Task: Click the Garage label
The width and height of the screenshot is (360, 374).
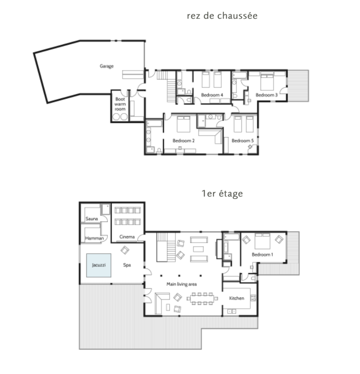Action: tap(107, 66)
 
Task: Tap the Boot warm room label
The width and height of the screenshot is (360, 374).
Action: tap(120, 104)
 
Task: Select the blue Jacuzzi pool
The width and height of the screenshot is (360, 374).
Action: tap(99, 265)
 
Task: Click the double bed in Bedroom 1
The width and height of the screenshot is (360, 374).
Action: tap(262, 241)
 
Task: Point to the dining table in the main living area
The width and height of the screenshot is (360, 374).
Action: tap(202, 298)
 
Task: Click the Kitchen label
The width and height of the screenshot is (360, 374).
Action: tap(237, 298)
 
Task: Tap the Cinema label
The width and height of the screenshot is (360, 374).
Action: tap(127, 236)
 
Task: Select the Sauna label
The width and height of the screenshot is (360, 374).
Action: tap(92, 218)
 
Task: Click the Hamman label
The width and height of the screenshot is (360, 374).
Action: tap(94, 238)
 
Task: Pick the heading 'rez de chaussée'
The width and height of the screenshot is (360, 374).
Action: tap(222, 16)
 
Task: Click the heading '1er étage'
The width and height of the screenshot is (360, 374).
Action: tap(222, 193)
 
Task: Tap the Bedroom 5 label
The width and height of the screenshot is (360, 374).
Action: tap(243, 140)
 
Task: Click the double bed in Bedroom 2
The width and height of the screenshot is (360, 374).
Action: tap(184, 124)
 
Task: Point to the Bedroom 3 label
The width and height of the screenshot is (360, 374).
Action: tap(266, 95)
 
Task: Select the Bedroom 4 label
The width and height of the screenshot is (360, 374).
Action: tap(212, 95)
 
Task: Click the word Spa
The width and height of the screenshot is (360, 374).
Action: tap(127, 265)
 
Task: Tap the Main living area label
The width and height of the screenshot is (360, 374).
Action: tap(182, 284)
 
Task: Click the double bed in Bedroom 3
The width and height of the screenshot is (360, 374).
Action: tap(267, 82)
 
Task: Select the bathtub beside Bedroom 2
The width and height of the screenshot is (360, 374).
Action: tap(154, 123)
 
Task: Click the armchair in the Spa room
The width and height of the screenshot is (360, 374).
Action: tap(125, 250)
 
